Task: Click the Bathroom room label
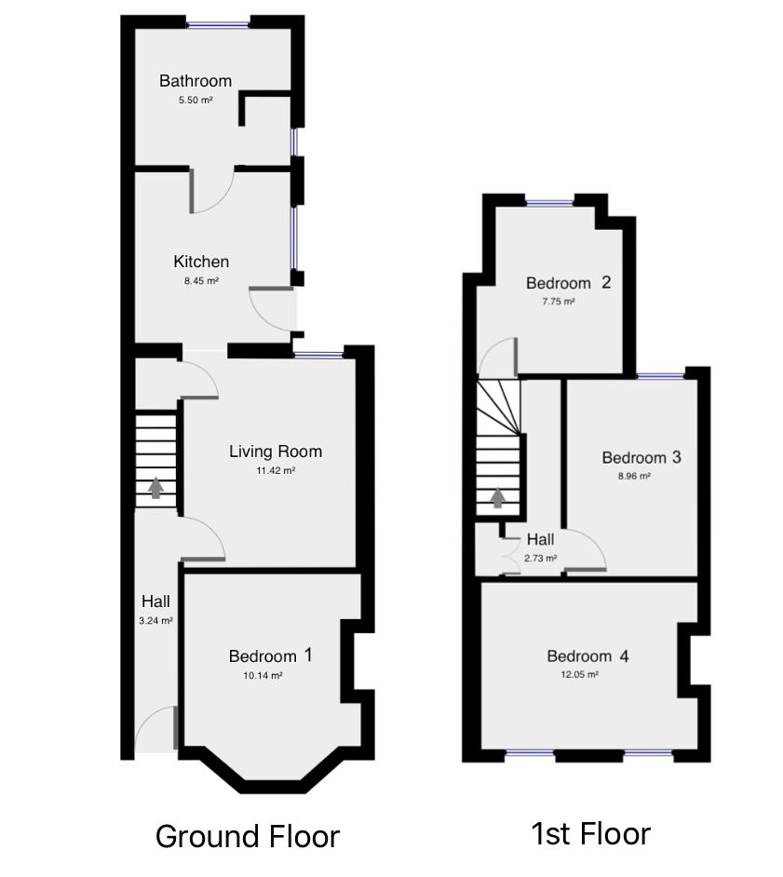pyautogui.click(x=196, y=81)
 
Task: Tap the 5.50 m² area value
pyautogui.click(x=196, y=100)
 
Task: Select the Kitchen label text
pyautogui.click(x=201, y=262)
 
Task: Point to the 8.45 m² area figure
pyautogui.click(x=201, y=280)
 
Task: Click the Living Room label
pyautogui.click(x=276, y=452)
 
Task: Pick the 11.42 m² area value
pyautogui.click(x=276, y=471)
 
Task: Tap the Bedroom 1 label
pyautogui.click(x=271, y=656)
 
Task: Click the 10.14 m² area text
pyautogui.click(x=263, y=676)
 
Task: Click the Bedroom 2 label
pyautogui.click(x=568, y=283)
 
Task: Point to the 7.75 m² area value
pyautogui.click(x=559, y=302)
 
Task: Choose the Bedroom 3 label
pyautogui.click(x=641, y=457)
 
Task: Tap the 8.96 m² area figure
pyautogui.click(x=633, y=476)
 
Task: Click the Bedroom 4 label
pyautogui.click(x=587, y=656)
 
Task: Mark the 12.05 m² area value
pyautogui.click(x=579, y=675)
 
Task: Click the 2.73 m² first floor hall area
pyautogui.click(x=540, y=559)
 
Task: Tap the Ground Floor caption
pyautogui.click(x=247, y=836)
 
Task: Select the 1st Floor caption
pyautogui.click(x=590, y=833)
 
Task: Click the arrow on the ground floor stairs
pyautogui.click(x=156, y=488)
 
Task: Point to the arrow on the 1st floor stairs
pyautogui.click(x=498, y=498)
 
